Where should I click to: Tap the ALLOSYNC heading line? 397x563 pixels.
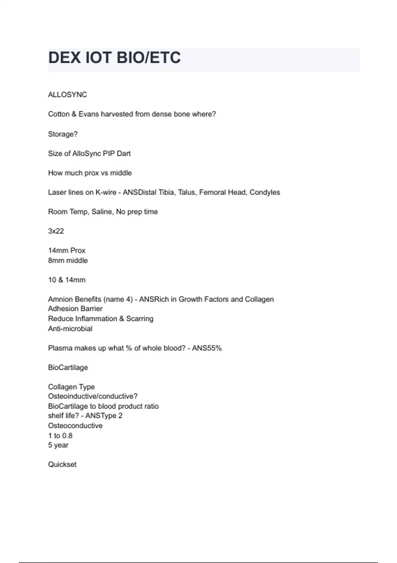[67, 95]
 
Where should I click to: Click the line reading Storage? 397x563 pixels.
[63, 134]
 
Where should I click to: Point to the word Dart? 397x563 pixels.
[124, 154]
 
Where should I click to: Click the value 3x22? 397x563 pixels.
[56, 231]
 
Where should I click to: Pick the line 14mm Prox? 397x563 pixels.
[67, 251]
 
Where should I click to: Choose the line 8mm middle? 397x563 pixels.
[68, 261]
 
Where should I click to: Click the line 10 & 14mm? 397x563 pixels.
[67, 280]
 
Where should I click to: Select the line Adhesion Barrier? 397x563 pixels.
[75, 309]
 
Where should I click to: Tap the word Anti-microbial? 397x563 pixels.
[70, 329]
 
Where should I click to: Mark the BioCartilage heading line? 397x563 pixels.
[68, 368]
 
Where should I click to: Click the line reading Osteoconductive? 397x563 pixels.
[75, 426]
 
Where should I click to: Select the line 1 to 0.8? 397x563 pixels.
[60, 436]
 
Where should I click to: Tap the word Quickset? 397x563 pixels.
[62, 465]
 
